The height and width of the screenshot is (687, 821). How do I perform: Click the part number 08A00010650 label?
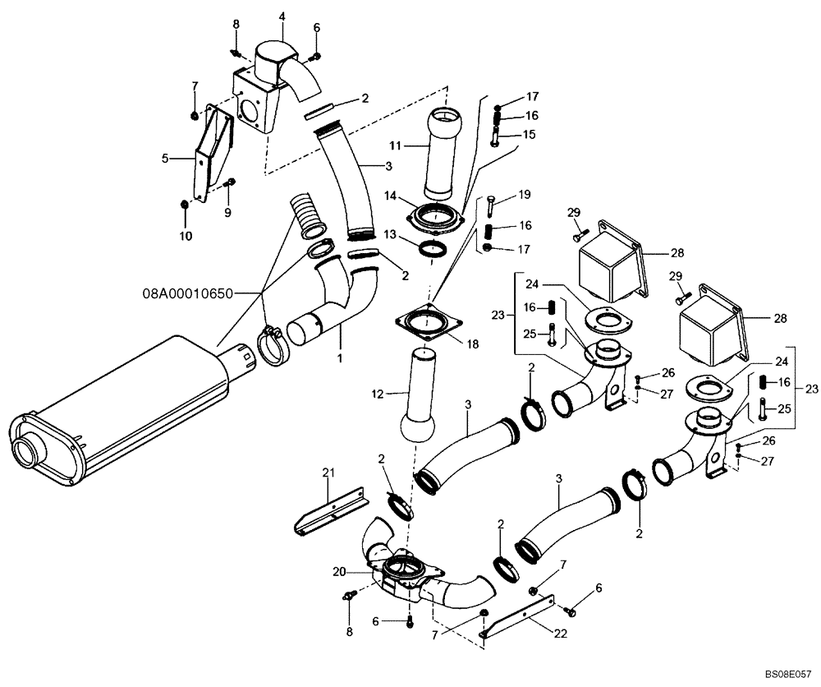pos(187,291)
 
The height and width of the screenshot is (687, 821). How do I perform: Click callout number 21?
pos(329,472)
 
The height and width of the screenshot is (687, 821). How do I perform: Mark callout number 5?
pos(165,159)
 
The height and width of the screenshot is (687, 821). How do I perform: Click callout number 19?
pos(525,194)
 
